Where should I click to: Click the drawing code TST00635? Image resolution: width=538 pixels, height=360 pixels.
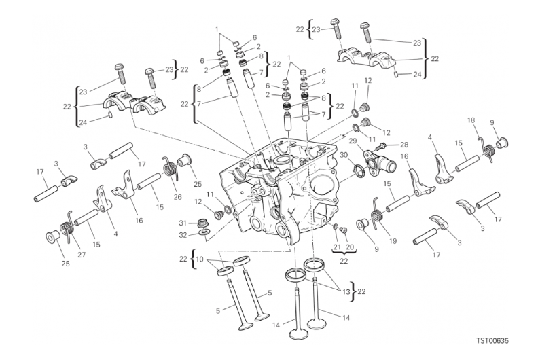[492, 340]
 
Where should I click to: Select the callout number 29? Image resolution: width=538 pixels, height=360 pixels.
[353, 141]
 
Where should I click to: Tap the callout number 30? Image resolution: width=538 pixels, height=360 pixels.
[344, 155]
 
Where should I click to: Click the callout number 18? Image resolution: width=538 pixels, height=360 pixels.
[471, 120]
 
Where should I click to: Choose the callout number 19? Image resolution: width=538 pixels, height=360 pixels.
[393, 241]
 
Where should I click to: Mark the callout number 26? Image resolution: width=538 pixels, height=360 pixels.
[177, 197]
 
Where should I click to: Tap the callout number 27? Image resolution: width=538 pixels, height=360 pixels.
[82, 255]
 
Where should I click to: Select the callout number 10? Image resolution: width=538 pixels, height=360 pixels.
[200, 259]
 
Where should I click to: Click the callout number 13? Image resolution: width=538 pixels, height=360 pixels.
[346, 292]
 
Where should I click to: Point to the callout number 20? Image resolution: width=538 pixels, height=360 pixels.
[350, 247]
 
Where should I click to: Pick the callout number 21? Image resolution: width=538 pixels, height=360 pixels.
[337, 247]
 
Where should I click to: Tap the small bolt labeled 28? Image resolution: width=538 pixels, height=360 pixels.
[380, 147]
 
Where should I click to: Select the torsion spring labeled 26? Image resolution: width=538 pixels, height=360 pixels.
[169, 168]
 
